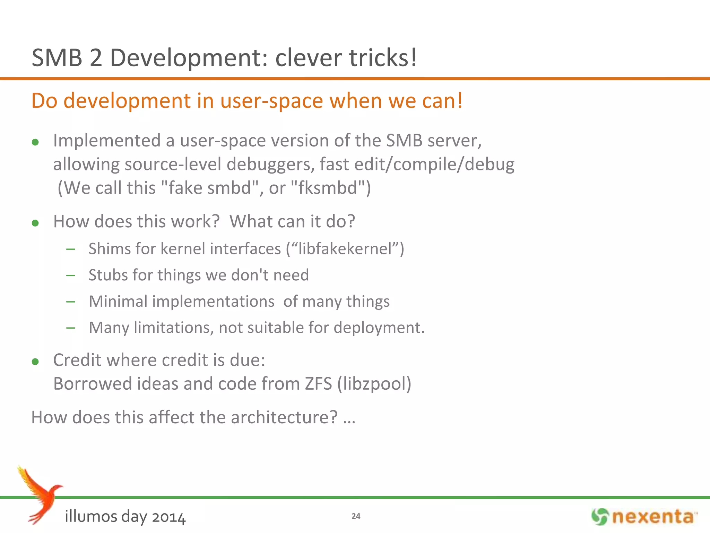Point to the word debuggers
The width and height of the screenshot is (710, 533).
[270, 164]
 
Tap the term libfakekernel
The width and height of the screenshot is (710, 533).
[345, 249]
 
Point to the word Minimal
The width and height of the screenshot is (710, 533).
[118, 301]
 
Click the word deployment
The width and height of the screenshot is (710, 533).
[379, 328]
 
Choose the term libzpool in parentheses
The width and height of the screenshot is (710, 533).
[374, 384]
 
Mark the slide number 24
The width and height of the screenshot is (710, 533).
[356, 516]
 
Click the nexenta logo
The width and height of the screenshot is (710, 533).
[644, 517]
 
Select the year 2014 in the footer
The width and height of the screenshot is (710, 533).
[168, 517]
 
